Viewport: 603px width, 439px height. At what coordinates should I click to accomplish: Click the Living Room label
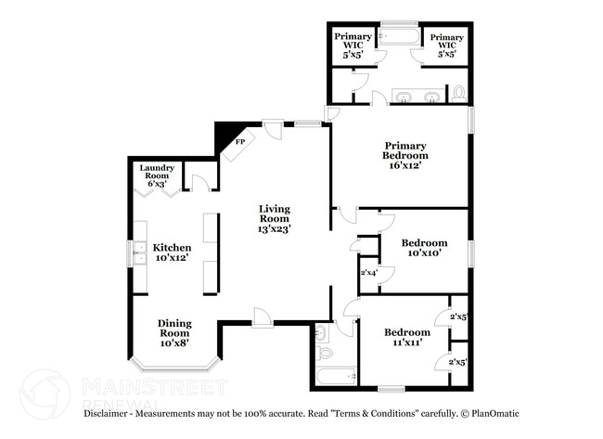[275, 218]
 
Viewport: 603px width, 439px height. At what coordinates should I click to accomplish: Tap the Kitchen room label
[173, 253]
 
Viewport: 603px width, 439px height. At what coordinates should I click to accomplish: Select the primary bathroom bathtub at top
[400, 38]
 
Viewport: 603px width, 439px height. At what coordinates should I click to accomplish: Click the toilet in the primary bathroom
[457, 94]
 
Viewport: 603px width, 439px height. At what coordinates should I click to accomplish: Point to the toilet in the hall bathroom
[324, 354]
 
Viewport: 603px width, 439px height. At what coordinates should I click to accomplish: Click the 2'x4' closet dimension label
[368, 273]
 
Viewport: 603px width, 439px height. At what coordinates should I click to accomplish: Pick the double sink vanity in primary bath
[417, 96]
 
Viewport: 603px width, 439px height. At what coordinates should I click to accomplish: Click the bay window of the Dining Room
[174, 361]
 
